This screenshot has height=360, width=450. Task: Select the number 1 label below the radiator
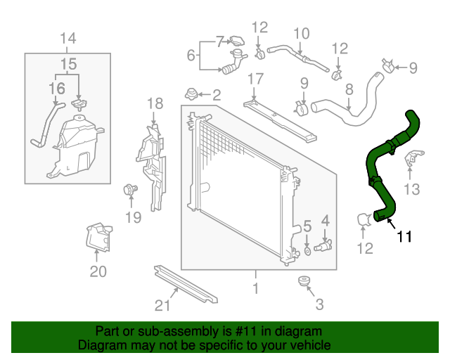click(x=255, y=288)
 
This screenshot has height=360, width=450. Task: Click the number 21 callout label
click(x=162, y=305)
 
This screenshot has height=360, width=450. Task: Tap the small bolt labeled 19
click(x=129, y=188)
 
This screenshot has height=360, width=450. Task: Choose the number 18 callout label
click(x=155, y=105)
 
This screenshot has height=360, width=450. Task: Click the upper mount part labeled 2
click(x=191, y=93)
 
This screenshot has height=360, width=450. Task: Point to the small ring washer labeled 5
click(x=307, y=249)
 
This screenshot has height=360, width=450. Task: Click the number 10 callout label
click(x=301, y=33)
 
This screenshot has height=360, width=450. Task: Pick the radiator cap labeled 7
click(x=236, y=41)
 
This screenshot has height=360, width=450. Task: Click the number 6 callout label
click(x=191, y=55)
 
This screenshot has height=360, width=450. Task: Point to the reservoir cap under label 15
click(x=79, y=105)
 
